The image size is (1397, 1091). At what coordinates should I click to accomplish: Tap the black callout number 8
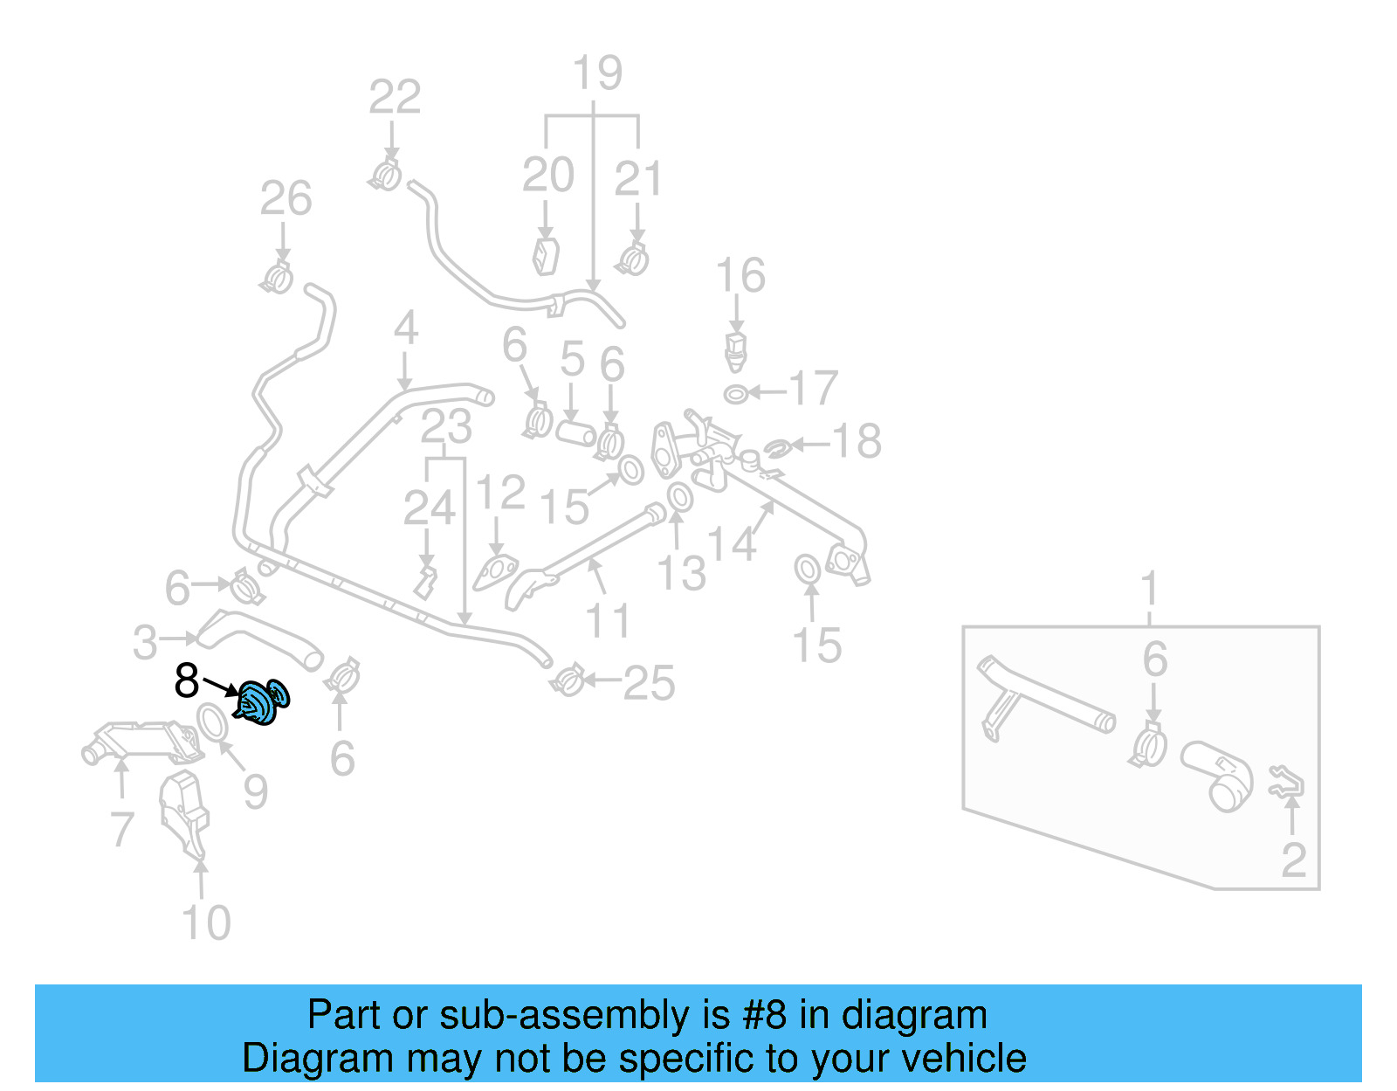[187, 680]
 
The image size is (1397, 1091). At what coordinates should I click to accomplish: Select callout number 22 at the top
[395, 97]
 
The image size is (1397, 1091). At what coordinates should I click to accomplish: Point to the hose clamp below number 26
[278, 279]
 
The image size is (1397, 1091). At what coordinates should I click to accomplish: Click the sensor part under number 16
[736, 349]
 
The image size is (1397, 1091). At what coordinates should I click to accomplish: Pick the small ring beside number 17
[736, 394]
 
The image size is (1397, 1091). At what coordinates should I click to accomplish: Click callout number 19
[597, 73]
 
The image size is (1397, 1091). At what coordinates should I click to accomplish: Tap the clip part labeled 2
[1287, 782]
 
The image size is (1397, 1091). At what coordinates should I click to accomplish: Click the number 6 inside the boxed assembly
[1154, 659]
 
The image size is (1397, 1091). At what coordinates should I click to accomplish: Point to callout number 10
[206, 922]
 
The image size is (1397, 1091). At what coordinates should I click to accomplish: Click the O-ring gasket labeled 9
[210, 722]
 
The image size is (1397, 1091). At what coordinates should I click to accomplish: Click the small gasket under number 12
[494, 573]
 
